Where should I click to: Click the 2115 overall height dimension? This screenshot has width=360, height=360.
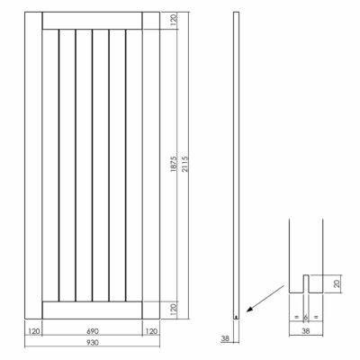pyautogui.click(x=185, y=164)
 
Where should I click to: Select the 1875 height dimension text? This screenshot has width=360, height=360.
pyautogui.click(x=174, y=164)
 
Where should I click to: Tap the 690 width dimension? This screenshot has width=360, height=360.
pyautogui.click(x=93, y=331)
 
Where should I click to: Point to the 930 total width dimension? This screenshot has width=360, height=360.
pyautogui.click(x=93, y=342)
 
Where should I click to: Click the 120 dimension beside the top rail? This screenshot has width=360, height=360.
pyautogui.click(x=174, y=20)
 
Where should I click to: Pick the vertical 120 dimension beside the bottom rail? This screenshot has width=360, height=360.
pyautogui.click(x=174, y=309)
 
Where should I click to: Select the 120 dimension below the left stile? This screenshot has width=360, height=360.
pyautogui.click(x=34, y=331)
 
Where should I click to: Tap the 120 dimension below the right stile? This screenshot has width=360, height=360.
pyautogui.click(x=151, y=331)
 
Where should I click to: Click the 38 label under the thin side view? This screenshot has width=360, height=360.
pyautogui.click(x=225, y=338)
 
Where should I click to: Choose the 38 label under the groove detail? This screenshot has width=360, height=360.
pyautogui.click(x=306, y=331)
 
